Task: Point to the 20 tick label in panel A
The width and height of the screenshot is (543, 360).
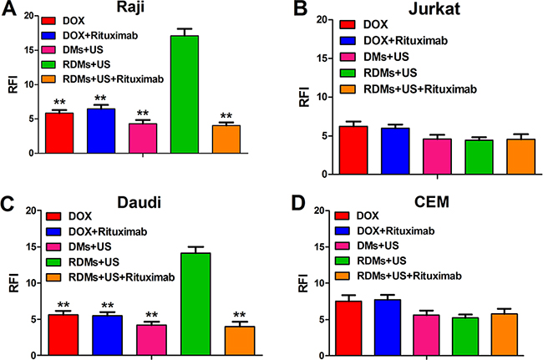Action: pyautogui.click(x=28, y=15)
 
